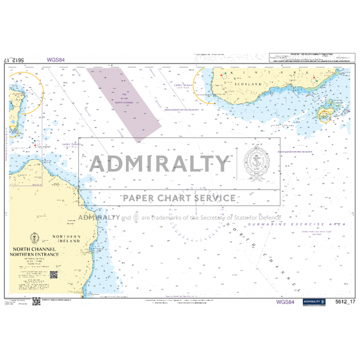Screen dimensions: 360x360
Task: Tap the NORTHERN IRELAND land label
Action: (x=67, y=238)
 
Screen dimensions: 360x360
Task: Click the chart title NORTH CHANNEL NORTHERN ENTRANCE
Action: (x=37, y=251)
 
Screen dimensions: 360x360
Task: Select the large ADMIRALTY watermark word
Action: (x=159, y=164)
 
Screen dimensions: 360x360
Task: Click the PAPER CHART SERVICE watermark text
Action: (x=180, y=198)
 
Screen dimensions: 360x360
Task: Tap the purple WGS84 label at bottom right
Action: (x=285, y=302)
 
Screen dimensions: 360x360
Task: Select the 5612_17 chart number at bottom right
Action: (x=345, y=302)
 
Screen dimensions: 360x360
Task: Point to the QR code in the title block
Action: (x=53, y=275)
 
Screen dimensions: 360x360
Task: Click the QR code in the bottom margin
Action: (x=35, y=301)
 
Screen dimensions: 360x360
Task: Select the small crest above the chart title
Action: (x=37, y=237)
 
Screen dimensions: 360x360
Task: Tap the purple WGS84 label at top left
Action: (x=56, y=59)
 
